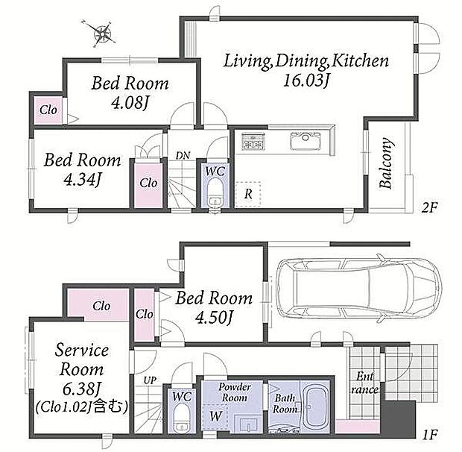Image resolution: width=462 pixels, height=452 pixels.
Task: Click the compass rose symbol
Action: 101,33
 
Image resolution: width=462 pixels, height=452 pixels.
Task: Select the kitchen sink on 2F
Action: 305,141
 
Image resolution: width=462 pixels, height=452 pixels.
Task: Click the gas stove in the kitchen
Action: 253,141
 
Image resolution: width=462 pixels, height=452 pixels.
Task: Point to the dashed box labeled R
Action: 248,194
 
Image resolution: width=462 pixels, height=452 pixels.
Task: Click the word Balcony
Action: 386,163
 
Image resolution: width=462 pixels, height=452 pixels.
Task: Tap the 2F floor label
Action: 429,208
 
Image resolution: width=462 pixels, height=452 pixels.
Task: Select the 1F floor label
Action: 429,435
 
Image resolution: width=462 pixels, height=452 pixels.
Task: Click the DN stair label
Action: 183,155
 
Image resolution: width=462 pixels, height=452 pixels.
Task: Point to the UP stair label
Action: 150,380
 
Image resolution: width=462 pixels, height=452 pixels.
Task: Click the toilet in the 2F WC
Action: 215,194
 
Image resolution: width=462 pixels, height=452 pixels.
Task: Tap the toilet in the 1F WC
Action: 181,418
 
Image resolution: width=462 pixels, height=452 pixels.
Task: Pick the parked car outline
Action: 359,291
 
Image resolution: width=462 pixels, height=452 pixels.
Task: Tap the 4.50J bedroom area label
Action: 215,318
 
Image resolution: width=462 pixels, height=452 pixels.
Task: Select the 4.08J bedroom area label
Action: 130,103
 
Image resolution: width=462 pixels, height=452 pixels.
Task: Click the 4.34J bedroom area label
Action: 83,179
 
